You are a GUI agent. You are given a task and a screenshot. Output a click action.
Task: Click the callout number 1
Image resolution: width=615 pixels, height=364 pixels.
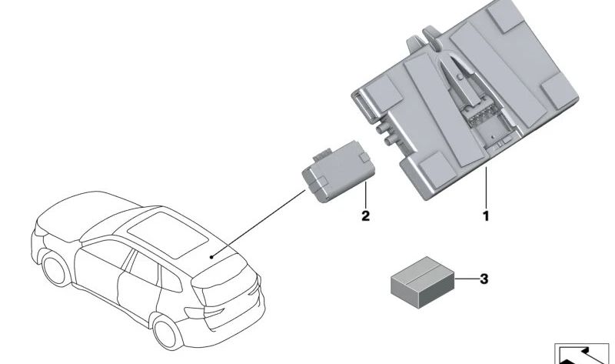tap(485, 216)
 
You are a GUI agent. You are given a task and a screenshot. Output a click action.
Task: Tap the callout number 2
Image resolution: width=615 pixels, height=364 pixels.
tap(366, 216)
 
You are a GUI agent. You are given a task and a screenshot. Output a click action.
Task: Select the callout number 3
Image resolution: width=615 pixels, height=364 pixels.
tap(484, 279)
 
